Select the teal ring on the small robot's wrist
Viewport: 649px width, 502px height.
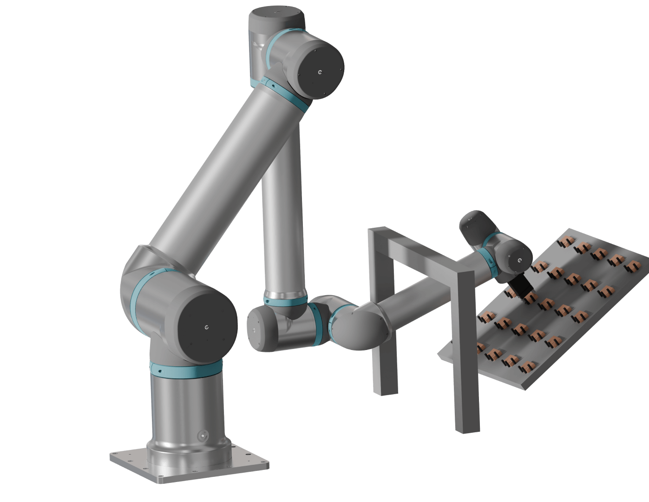pos(487,258)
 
